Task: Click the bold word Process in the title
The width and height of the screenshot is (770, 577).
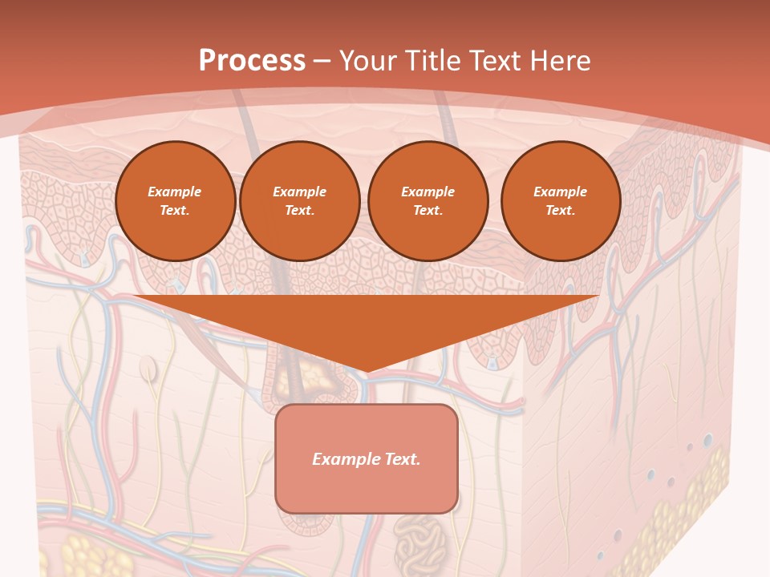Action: point(252,60)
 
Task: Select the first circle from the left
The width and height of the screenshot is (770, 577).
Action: point(176,201)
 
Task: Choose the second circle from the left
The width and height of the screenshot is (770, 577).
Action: point(300,201)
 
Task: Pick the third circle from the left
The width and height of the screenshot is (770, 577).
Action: point(428,201)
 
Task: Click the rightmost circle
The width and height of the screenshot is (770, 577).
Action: point(561,201)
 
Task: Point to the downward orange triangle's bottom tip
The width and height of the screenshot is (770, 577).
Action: point(366,371)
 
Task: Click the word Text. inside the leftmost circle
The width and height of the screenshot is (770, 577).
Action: point(175,211)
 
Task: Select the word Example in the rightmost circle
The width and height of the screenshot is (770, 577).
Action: point(561,192)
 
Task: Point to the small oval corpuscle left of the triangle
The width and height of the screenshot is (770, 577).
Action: point(148,369)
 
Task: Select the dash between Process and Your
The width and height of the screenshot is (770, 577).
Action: point(322,61)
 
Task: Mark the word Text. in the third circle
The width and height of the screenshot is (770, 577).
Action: point(428,211)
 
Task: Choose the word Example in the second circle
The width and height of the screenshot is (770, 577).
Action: point(300,192)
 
